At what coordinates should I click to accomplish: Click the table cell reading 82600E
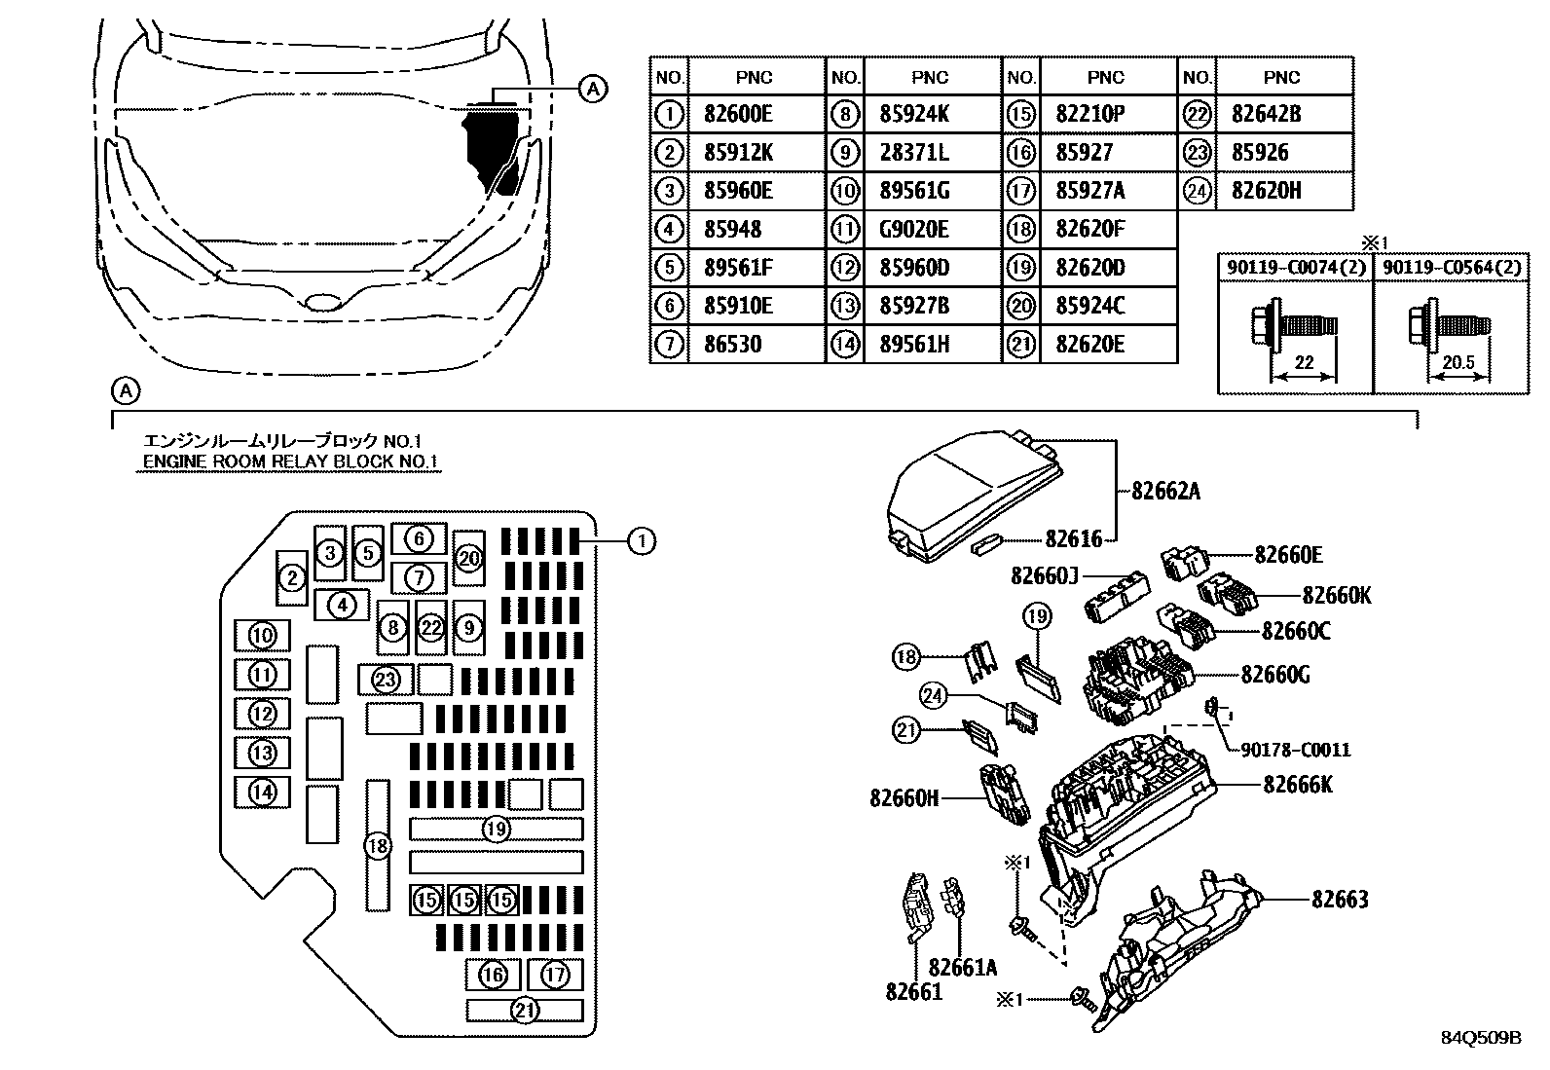737,114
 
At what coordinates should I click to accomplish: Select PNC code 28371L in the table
914,153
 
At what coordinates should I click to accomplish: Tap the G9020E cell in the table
914,230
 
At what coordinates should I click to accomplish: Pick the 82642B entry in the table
1266,114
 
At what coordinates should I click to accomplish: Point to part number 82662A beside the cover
1165,492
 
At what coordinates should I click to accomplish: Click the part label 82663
1339,899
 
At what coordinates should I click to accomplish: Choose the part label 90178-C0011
1296,750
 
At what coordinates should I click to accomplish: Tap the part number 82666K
1297,784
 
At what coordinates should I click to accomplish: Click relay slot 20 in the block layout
469,558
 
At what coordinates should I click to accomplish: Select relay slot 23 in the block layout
386,679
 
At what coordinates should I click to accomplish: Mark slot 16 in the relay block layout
494,974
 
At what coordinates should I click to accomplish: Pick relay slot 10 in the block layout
263,636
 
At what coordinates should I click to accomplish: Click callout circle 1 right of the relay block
641,540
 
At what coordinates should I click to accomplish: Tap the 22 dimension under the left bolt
1304,362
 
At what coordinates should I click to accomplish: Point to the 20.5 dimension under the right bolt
1458,362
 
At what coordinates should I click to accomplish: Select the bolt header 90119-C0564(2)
1450,267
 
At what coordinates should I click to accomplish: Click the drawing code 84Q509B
1480,1038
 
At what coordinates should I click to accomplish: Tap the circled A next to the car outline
592,89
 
